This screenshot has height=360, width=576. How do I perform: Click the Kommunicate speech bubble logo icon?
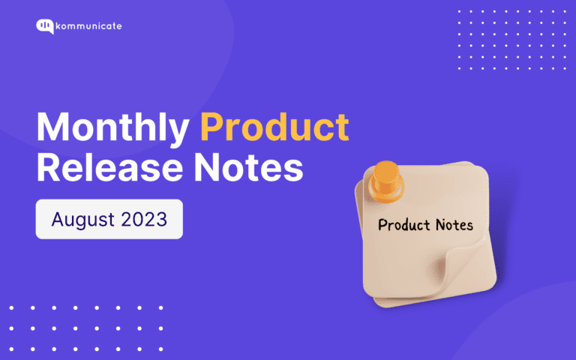pos(45,26)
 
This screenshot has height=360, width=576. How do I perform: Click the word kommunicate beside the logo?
pos(89,26)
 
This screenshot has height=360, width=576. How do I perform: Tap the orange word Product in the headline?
pos(274,126)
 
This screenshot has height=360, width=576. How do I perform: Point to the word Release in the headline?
pos(109,168)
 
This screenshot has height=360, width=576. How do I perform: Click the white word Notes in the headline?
pos(248,168)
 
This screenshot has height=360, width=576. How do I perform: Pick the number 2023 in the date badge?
pos(144,219)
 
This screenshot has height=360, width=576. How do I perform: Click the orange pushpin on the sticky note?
pos(386,181)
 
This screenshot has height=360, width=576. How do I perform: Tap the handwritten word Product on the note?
pos(404,225)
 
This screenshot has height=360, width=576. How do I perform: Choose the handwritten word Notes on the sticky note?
pos(454,224)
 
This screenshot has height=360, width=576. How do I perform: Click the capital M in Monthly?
pos(52,126)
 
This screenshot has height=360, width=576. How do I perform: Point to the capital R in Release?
pos(48,168)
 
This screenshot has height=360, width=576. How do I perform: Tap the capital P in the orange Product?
pos(211,126)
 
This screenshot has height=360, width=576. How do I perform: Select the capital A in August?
pos(58,219)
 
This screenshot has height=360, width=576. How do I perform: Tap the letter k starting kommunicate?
pos(58,26)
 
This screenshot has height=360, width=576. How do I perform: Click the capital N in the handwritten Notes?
pos(442,224)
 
